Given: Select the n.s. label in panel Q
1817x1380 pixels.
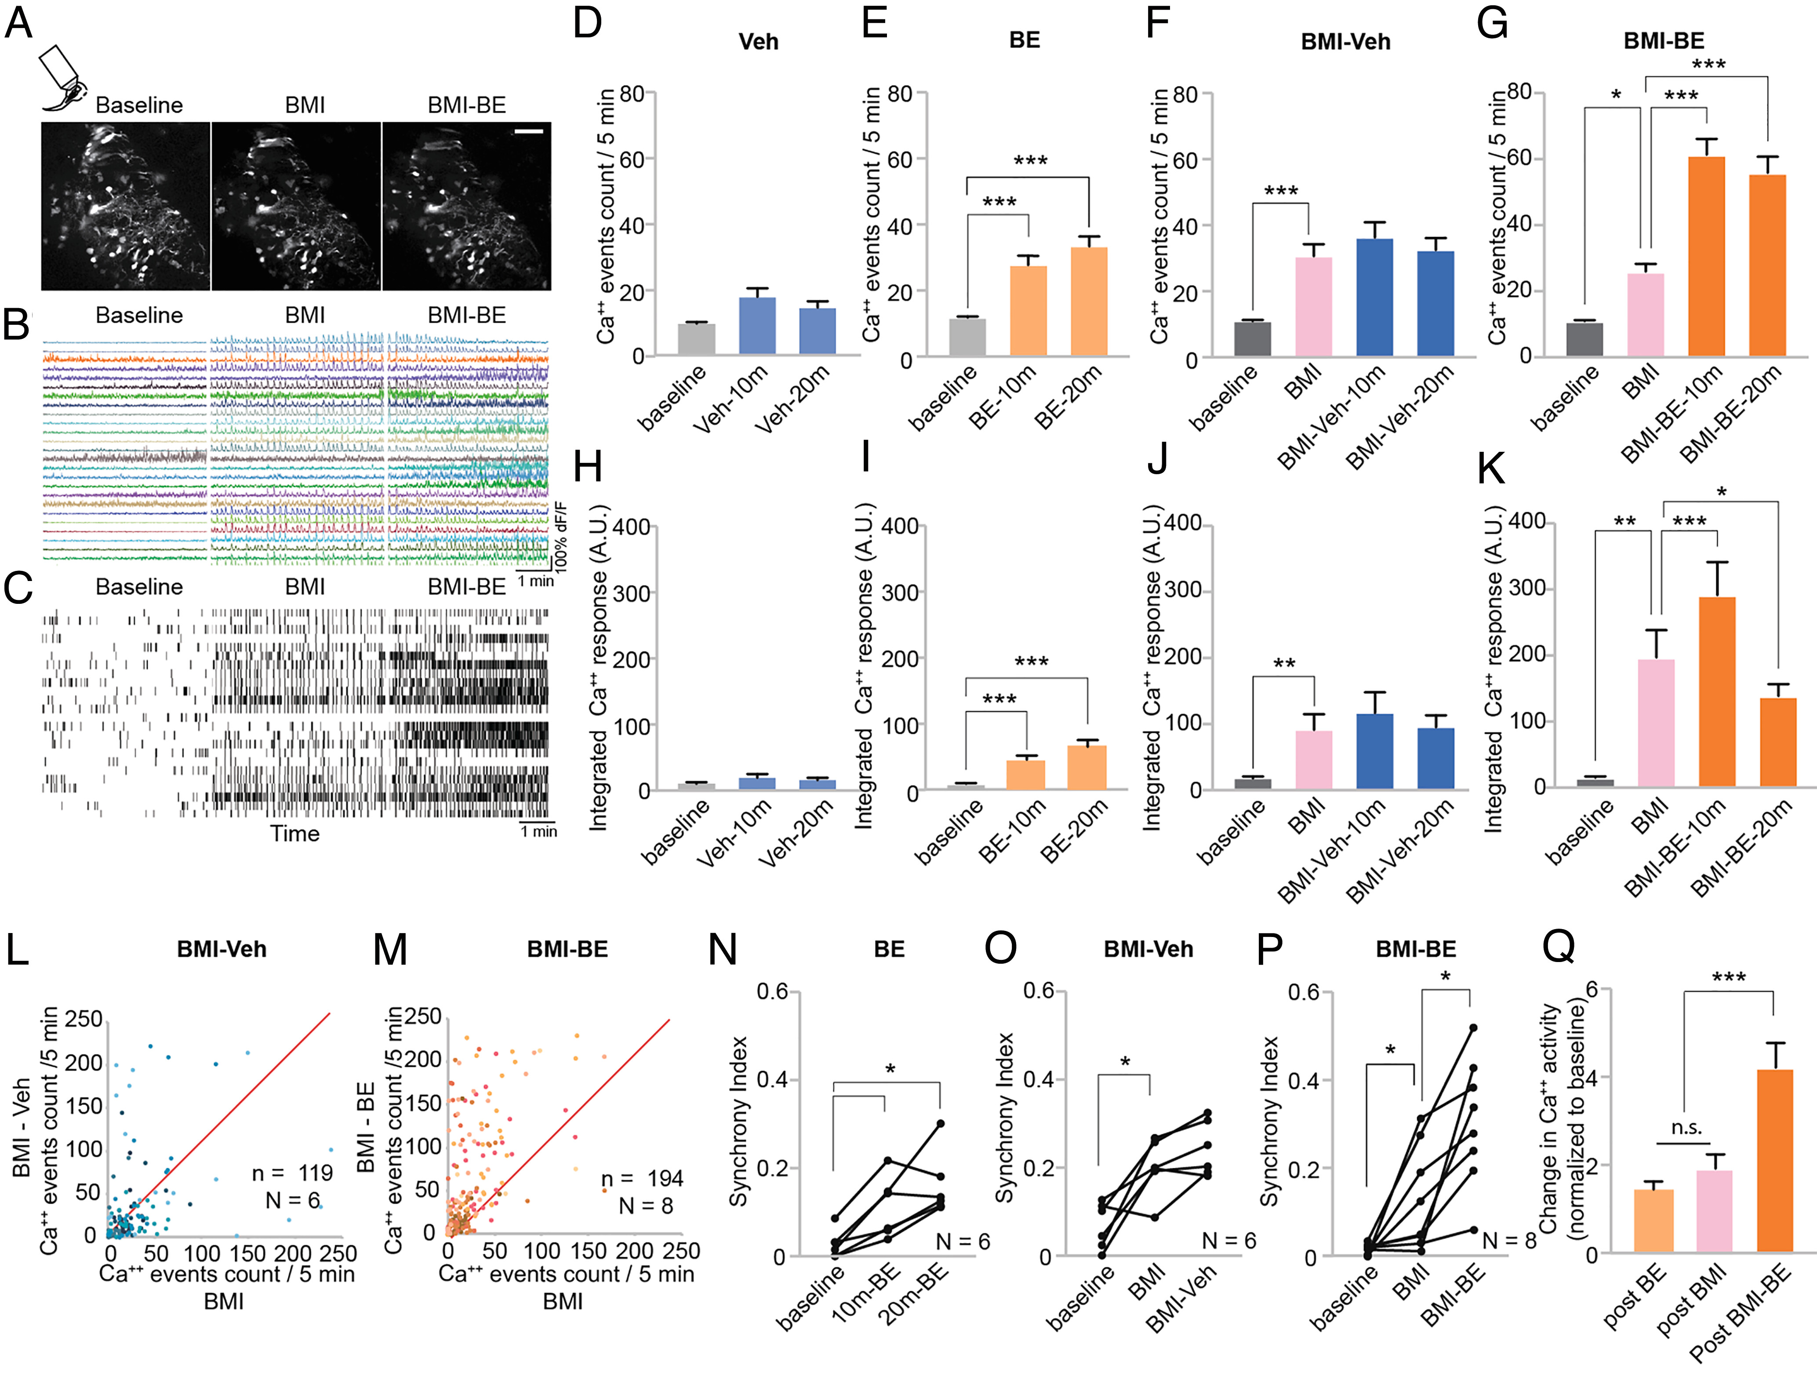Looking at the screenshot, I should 1686,1128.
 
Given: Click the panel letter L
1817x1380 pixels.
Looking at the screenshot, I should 18,950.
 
